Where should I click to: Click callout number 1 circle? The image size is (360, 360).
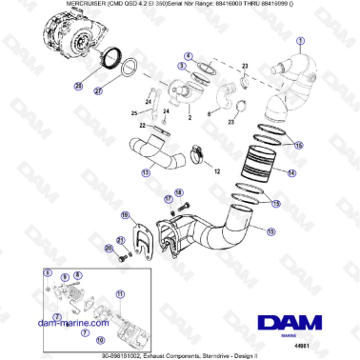point(301,40)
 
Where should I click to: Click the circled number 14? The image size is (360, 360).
point(291,174)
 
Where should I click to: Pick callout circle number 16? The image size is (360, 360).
point(126,216)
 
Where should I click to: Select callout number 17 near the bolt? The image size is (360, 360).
point(168,199)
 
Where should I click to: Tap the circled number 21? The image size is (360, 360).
point(120,240)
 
